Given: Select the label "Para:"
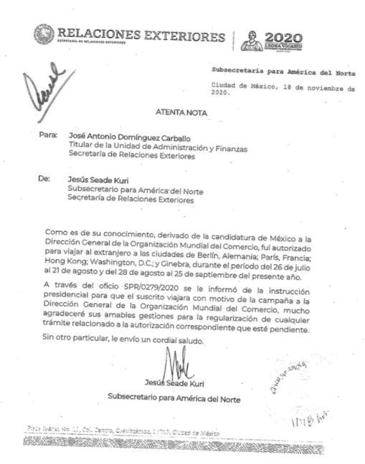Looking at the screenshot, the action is tap(47, 135).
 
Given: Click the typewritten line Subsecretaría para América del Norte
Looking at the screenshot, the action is tap(283, 73).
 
